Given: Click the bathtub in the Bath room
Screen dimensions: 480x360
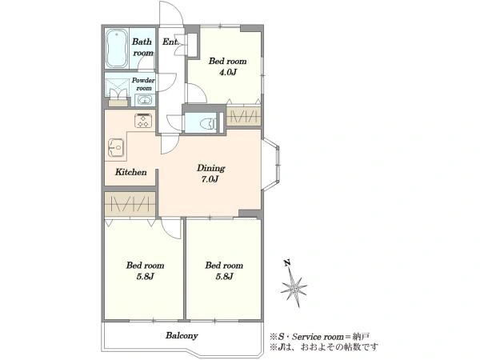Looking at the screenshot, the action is pyautogui.click(x=117, y=49).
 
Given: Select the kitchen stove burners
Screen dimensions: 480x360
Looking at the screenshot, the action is pyautogui.click(x=143, y=120).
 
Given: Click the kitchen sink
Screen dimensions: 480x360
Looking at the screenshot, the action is pyautogui.click(x=116, y=148).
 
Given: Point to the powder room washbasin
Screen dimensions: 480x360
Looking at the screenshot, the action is pyautogui.click(x=143, y=100).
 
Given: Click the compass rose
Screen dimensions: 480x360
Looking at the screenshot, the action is pyautogui.click(x=294, y=288).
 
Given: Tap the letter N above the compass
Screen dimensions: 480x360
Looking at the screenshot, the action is pyautogui.click(x=287, y=262).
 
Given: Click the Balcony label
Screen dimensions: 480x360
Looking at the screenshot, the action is pyautogui.click(x=182, y=335).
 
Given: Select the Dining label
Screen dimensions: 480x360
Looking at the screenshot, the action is pyautogui.click(x=211, y=168).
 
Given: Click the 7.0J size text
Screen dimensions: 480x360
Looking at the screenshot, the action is pyautogui.click(x=210, y=179).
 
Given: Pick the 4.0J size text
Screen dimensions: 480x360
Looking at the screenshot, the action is pyautogui.click(x=227, y=73).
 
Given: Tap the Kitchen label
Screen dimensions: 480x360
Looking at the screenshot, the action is pyautogui.click(x=131, y=172).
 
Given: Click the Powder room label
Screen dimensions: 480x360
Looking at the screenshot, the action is pyautogui.click(x=143, y=84).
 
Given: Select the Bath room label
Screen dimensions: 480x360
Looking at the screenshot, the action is pyautogui.click(x=142, y=47).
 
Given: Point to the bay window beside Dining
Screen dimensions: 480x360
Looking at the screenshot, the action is pyautogui.click(x=271, y=165).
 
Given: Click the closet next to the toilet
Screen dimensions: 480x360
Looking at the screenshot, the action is pyautogui.click(x=244, y=116).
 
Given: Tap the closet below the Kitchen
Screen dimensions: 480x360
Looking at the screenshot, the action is pyautogui.click(x=130, y=204).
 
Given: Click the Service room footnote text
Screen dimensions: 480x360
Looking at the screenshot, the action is pyautogui.click(x=319, y=337).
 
